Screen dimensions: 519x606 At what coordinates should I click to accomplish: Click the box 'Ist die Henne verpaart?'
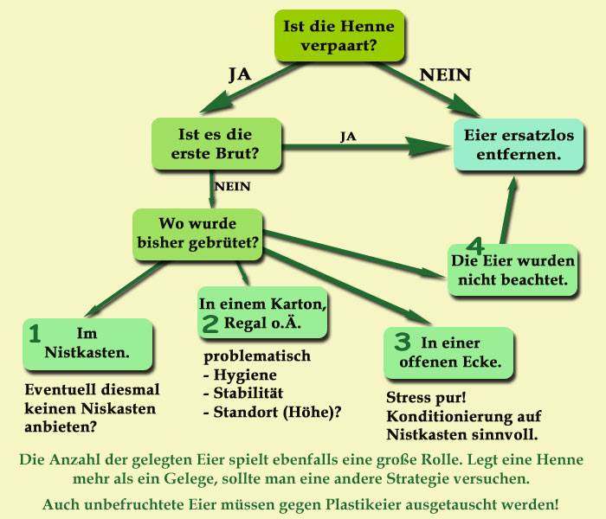pos(338,36)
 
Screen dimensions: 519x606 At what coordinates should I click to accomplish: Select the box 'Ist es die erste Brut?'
pos(216,144)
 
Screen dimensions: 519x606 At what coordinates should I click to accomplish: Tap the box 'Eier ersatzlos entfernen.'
pos(512,144)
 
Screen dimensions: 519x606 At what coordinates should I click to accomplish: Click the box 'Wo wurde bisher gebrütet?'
pos(197,234)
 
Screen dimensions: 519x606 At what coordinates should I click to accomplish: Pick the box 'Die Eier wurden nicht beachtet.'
pos(513,271)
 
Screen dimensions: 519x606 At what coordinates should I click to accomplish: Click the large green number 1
pos(35,333)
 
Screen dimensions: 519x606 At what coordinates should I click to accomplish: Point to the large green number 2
pos(210,324)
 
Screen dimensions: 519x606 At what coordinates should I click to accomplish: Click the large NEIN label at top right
pos(445,75)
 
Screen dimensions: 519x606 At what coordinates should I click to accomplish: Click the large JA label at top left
pos(239,74)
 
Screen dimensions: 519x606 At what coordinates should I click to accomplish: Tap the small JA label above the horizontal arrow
pos(348,137)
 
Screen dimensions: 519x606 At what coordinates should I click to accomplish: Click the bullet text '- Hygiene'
pos(240,375)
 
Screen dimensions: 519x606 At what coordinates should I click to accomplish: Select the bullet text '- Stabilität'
pos(245,394)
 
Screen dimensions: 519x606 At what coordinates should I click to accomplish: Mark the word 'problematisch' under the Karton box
pos(257,356)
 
